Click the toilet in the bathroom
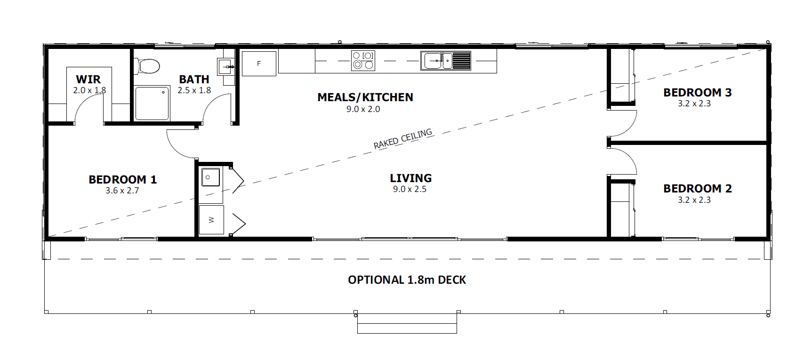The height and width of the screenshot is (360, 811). [x=147, y=66]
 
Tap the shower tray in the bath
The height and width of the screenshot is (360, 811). [x=152, y=103]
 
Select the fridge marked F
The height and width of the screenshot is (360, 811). [x=259, y=64]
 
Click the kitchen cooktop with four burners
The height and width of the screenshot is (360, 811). [x=363, y=61]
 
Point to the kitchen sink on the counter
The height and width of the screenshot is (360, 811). [x=445, y=61]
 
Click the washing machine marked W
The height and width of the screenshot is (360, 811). [x=211, y=220]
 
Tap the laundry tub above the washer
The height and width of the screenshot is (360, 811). [x=211, y=177]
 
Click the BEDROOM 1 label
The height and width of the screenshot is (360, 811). [x=122, y=179]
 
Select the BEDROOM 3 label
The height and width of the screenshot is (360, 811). [x=698, y=92]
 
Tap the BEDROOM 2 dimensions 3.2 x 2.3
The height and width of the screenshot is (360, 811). [x=694, y=200]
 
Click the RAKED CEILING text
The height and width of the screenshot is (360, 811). [x=403, y=139]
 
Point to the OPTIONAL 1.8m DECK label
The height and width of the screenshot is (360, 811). [x=407, y=280]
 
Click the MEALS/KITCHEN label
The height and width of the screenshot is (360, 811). [x=365, y=97]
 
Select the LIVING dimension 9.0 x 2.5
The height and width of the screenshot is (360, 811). [x=410, y=189]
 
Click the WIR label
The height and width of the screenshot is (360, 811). [x=88, y=79]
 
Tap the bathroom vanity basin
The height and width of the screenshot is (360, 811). [x=225, y=66]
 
